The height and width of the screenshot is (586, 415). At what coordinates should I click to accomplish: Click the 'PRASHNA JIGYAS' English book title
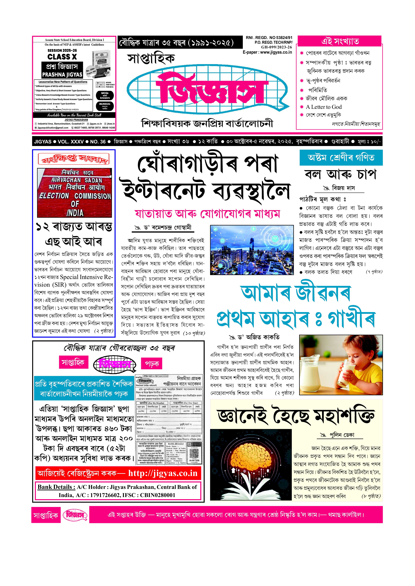click(x=62, y=75)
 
